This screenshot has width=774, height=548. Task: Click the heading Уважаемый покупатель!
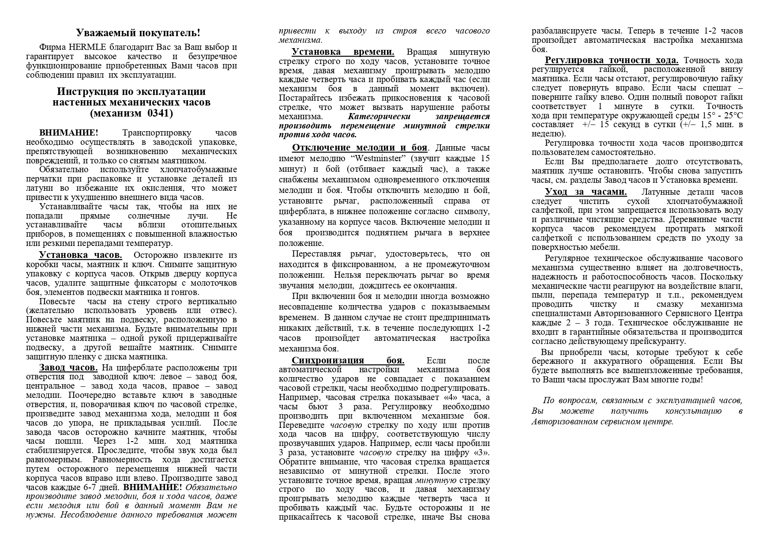(138, 33)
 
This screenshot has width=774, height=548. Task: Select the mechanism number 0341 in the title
(158, 113)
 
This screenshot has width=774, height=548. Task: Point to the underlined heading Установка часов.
(80, 255)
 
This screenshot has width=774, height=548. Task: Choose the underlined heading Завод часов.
(68, 367)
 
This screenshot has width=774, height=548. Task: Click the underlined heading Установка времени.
(343, 52)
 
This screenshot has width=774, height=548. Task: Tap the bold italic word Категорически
(379, 117)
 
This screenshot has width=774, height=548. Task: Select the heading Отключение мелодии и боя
(360, 148)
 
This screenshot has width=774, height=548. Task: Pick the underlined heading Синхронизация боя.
(348, 360)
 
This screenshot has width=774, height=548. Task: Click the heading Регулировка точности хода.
(612, 60)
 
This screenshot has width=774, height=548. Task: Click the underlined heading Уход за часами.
(586, 192)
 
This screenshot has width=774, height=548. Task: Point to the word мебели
(605, 247)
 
